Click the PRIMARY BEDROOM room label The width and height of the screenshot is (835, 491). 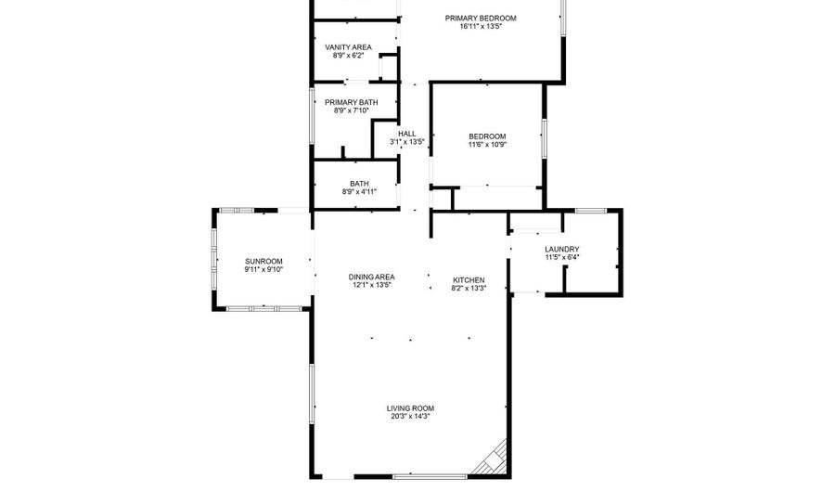[481, 19]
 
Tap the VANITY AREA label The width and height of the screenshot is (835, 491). [348, 47]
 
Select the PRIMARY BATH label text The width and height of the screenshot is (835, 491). [352, 102]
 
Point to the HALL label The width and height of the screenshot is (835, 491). [407, 134]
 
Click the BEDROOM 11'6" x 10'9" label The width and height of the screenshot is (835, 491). [487, 140]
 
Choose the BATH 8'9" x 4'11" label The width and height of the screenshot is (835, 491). [359, 187]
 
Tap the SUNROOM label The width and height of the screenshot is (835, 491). [263, 262]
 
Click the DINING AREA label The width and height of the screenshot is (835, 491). [372, 277]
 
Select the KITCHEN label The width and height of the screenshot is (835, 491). [469, 280]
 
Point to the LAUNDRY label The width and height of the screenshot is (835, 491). [562, 250]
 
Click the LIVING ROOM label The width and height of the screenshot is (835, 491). [410, 408]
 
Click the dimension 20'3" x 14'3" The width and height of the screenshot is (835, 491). [410, 417]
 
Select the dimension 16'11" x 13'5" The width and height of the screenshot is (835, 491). [481, 26]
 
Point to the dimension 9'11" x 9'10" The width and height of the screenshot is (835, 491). [263, 269]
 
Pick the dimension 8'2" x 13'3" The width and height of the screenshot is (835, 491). [469, 288]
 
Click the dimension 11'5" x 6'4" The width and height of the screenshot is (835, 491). [562, 257]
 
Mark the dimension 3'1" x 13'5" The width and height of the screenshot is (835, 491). [407, 142]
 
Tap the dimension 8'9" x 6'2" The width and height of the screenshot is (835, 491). [348, 56]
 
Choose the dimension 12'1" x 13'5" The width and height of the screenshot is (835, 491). [372, 285]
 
